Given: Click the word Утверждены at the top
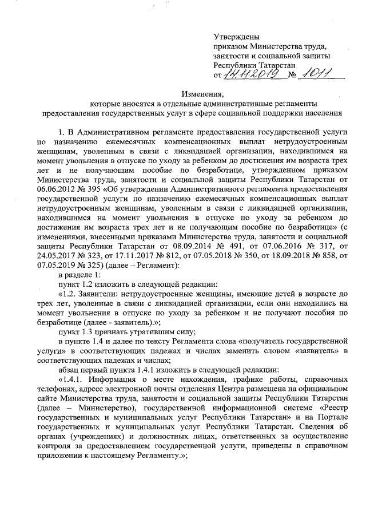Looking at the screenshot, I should pos(236,36).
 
